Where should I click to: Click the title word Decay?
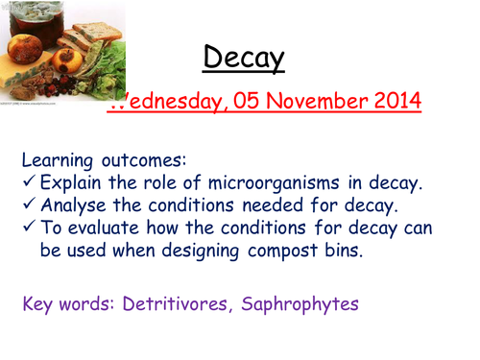[x=244, y=60]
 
